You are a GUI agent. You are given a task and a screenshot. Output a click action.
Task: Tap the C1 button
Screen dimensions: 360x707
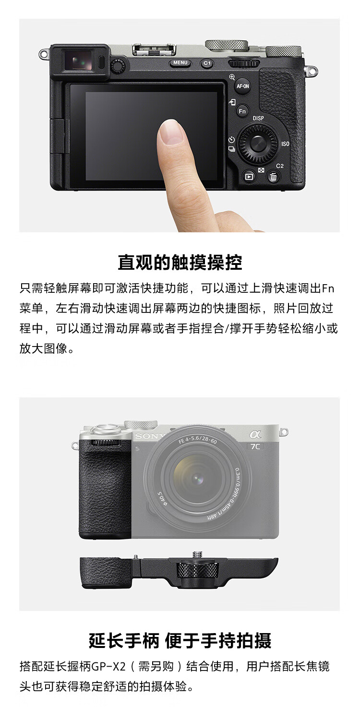tap(207, 63)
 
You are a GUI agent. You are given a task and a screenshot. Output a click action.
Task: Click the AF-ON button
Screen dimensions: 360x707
tap(242, 86)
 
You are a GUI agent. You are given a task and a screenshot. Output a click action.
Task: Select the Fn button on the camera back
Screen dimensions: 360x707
tap(242, 111)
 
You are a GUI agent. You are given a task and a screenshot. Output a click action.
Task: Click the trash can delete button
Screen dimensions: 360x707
tap(273, 177)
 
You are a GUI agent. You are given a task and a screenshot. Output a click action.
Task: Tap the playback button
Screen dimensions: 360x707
tap(249, 177)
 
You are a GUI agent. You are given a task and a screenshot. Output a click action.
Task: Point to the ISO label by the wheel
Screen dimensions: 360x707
tap(285, 144)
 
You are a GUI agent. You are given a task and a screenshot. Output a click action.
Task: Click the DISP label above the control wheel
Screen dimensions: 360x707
tap(258, 118)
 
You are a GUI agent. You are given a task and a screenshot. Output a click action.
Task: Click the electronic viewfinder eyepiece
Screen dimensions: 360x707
tap(79, 60)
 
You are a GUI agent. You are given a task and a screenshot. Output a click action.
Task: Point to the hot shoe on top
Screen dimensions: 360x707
tap(154, 49)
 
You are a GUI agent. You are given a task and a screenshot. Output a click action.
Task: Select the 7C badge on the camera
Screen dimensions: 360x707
tap(255, 446)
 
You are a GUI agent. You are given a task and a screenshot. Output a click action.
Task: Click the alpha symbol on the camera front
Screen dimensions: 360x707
tap(255, 435)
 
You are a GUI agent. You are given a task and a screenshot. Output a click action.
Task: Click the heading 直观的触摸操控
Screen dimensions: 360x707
tap(180, 262)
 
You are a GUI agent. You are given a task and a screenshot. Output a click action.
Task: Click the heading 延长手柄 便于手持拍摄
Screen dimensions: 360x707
tap(180, 641)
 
